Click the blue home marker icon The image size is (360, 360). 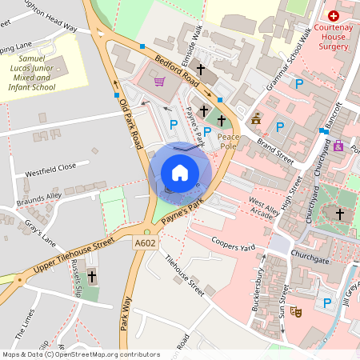click(180, 172)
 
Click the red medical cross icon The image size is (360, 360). click(334, 15)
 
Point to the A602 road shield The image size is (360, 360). click(145, 242)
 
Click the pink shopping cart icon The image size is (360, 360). click(159, 82)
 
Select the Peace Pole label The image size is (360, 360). click(230, 142)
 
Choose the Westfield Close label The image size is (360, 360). click(50, 169)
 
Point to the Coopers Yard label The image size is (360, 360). click(233, 242)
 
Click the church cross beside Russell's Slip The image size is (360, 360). click(91, 277)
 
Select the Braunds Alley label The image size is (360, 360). click(42, 198)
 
